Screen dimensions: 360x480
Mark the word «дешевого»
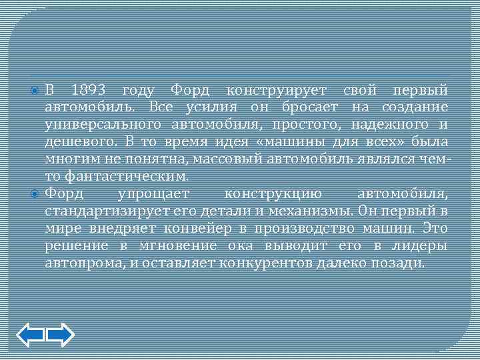(80, 141)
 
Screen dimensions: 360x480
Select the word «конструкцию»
(273, 194)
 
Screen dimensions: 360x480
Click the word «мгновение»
(199, 246)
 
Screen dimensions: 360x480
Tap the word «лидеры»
(419, 246)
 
